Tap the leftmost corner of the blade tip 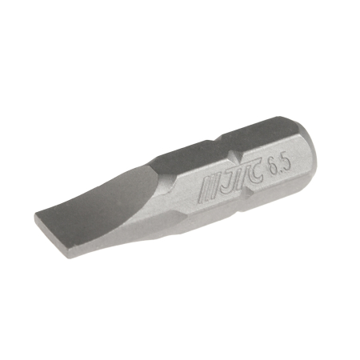[34, 218]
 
